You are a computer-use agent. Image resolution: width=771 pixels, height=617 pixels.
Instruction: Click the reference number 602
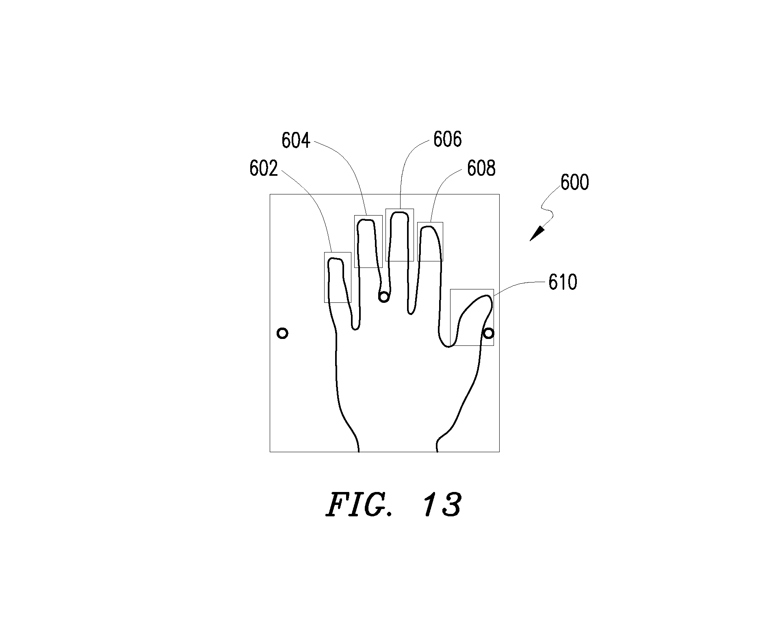click(264, 168)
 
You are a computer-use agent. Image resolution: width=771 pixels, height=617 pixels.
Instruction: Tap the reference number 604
click(296, 141)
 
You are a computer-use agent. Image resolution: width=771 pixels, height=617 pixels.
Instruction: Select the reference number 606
click(448, 139)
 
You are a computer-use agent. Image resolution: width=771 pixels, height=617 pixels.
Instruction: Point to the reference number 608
click(481, 168)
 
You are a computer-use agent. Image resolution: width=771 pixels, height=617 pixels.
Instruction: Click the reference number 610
click(563, 282)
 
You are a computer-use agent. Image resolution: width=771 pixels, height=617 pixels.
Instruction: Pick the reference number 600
click(575, 183)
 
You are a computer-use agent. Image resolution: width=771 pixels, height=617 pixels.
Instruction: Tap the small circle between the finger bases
click(383, 297)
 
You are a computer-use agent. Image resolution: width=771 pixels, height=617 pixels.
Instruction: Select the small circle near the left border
click(282, 334)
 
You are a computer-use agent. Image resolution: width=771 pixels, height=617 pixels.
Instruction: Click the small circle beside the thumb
click(489, 334)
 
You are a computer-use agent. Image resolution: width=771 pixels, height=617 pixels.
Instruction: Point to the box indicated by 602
click(324, 277)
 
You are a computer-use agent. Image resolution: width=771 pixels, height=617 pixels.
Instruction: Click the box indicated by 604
click(355, 241)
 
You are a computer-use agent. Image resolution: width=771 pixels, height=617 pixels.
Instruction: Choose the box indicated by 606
click(386, 235)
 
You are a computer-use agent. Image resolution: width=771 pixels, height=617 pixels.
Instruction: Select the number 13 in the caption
click(442, 505)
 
